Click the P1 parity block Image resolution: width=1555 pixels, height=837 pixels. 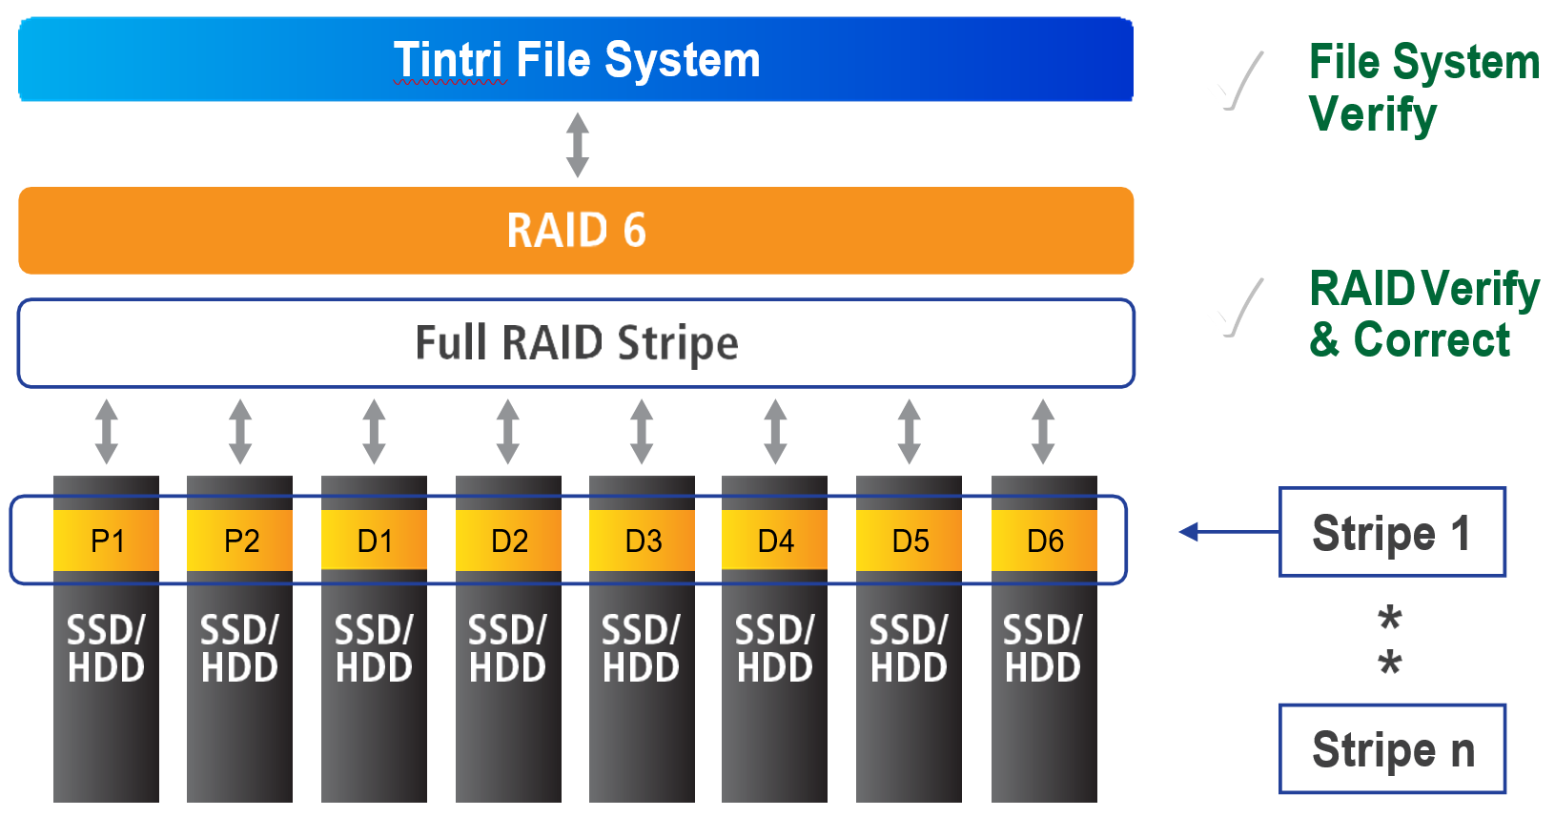coord(106,541)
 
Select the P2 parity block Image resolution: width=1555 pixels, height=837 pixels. coord(240,541)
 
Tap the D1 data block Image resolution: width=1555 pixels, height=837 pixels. coord(374,541)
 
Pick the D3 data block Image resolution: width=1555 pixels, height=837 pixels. coord(642,541)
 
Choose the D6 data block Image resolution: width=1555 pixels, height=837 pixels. coord(1044,541)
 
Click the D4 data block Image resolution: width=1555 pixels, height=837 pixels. coord(774,541)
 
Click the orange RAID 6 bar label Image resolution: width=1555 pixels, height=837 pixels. coord(576,231)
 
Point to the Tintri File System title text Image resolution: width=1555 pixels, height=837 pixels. coord(576,60)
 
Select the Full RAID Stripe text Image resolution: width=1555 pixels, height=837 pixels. coord(576,343)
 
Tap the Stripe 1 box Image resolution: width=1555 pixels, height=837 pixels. coord(1391,532)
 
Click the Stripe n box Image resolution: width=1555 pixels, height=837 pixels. coord(1391,749)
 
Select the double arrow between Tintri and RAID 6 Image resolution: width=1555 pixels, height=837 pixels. coord(577,145)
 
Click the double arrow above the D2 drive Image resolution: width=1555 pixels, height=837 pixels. coord(508,432)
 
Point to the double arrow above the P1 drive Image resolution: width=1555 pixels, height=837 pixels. coord(106,432)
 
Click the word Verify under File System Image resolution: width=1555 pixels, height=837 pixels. coord(1372,114)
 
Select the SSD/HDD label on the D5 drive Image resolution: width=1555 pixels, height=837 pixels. coord(909,649)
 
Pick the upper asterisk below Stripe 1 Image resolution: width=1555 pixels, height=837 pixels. coord(1390,618)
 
